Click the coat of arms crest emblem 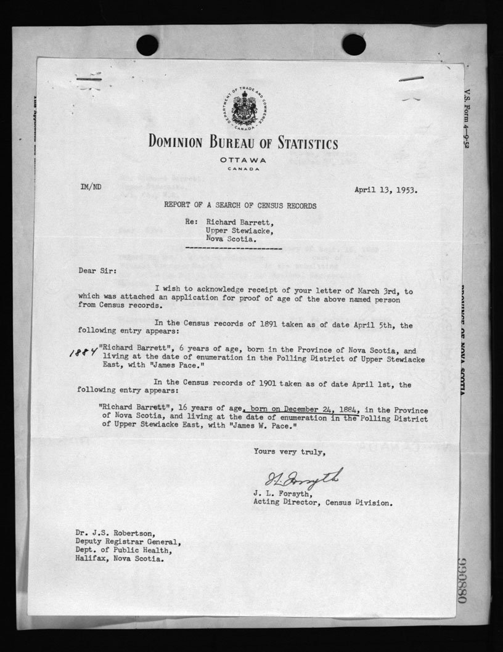click(243, 108)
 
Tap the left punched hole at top click(147, 44)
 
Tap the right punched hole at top click(354, 44)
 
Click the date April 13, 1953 click(385, 190)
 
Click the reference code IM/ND click(91, 185)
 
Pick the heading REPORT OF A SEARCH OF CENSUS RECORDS click(240, 206)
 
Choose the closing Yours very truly click(288, 452)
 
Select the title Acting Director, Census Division click(322, 502)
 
